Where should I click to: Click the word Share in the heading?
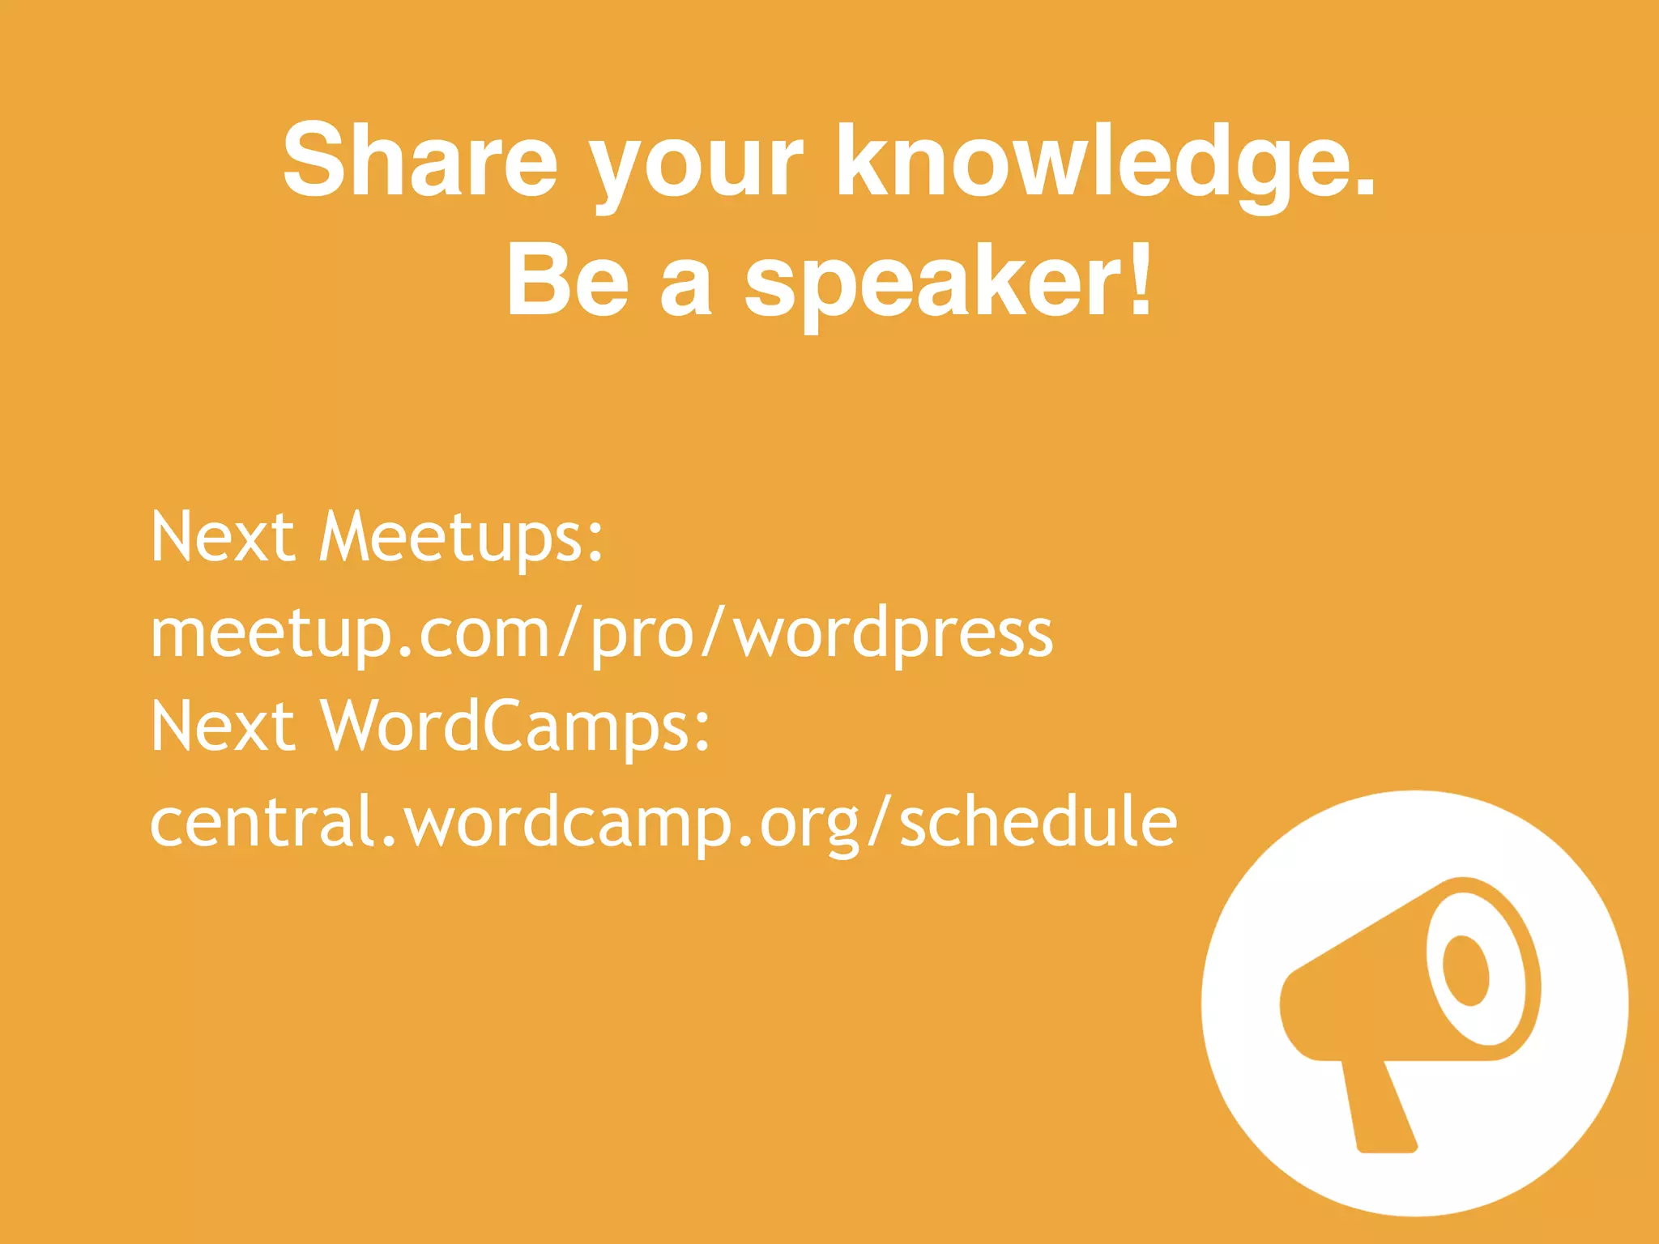(x=420, y=160)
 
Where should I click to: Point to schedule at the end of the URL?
(x=1038, y=821)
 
